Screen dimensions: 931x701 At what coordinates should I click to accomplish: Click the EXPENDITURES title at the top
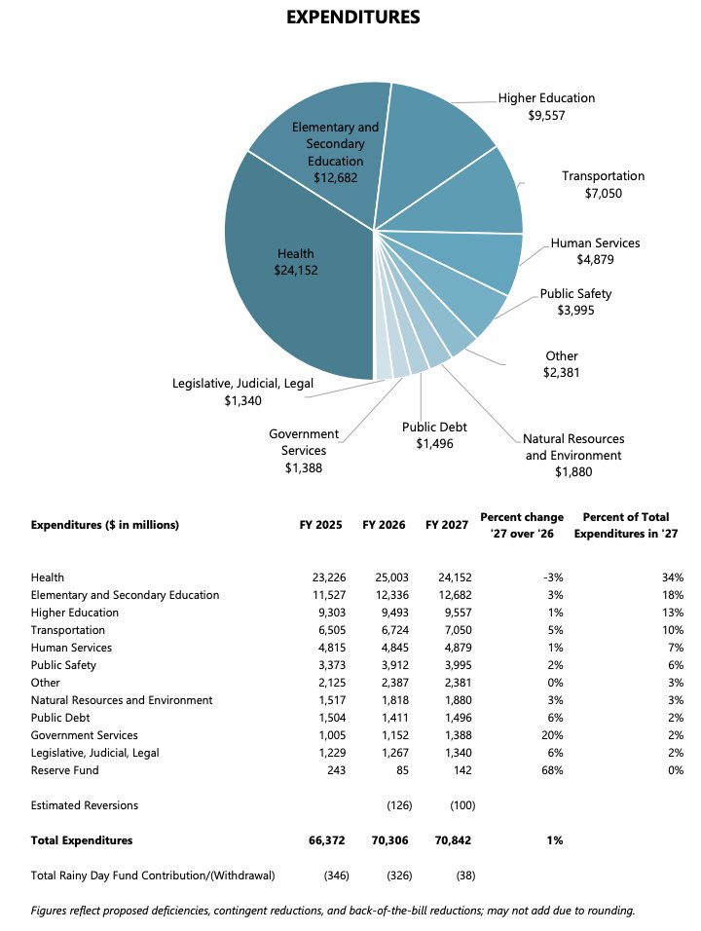pyautogui.click(x=353, y=17)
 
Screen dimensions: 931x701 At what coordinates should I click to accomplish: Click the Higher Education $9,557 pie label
pyautogui.click(x=545, y=106)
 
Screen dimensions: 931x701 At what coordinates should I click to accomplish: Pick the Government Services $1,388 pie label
pyautogui.click(x=304, y=451)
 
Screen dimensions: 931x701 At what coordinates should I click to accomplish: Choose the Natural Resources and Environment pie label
pyautogui.click(x=573, y=455)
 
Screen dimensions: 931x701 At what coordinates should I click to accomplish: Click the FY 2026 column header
pyautogui.click(x=384, y=525)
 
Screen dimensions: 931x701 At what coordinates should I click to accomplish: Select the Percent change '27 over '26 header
pyautogui.click(x=521, y=525)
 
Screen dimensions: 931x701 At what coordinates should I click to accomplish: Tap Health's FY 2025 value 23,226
pyautogui.click(x=322, y=577)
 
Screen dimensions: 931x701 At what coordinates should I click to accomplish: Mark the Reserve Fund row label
pyautogui.click(x=65, y=770)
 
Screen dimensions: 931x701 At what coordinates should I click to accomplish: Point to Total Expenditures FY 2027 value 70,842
pyautogui.click(x=452, y=839)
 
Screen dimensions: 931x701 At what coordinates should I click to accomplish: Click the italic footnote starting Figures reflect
pyautogui.click(x=333, y=912)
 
